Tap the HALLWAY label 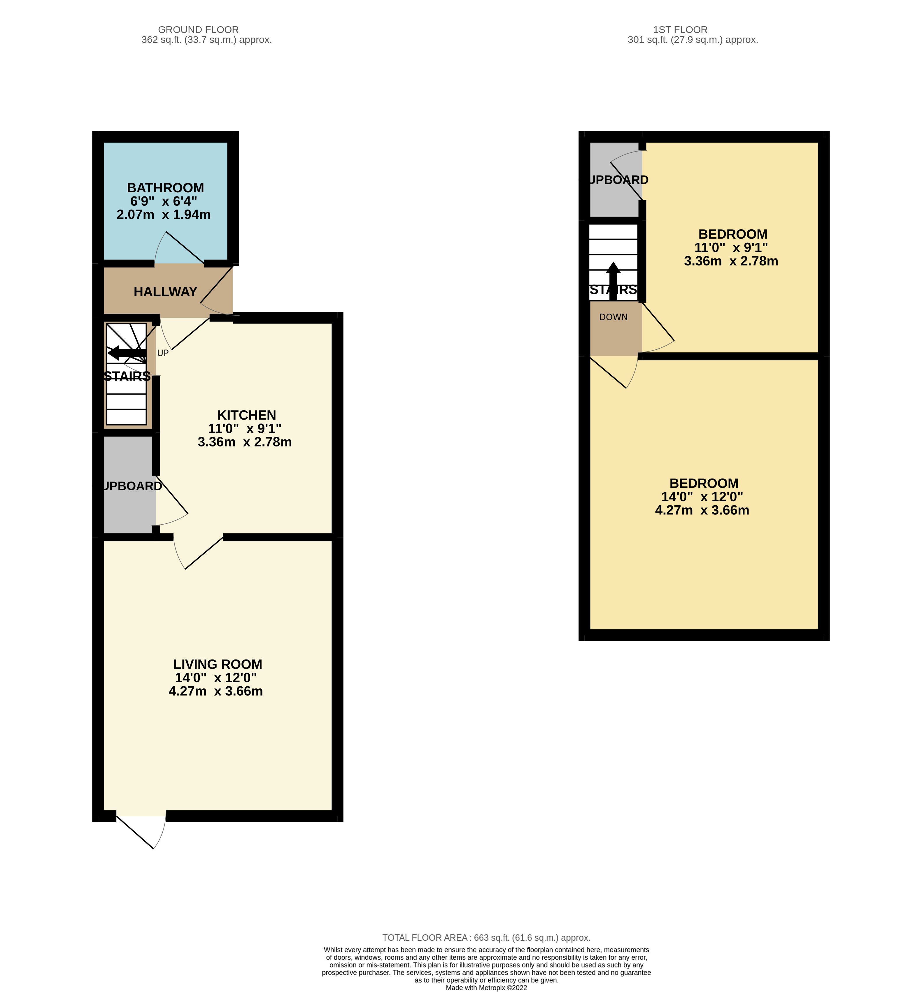coord(165,292)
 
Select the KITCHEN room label coord(246,415)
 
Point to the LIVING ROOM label coord(218,664)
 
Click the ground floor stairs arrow coord(127,353)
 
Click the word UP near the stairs coord(163,353)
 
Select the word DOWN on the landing coord(613,317)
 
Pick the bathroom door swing coord(179,248)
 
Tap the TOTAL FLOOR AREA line coord(486,938)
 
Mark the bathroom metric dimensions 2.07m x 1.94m coord(164,215)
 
